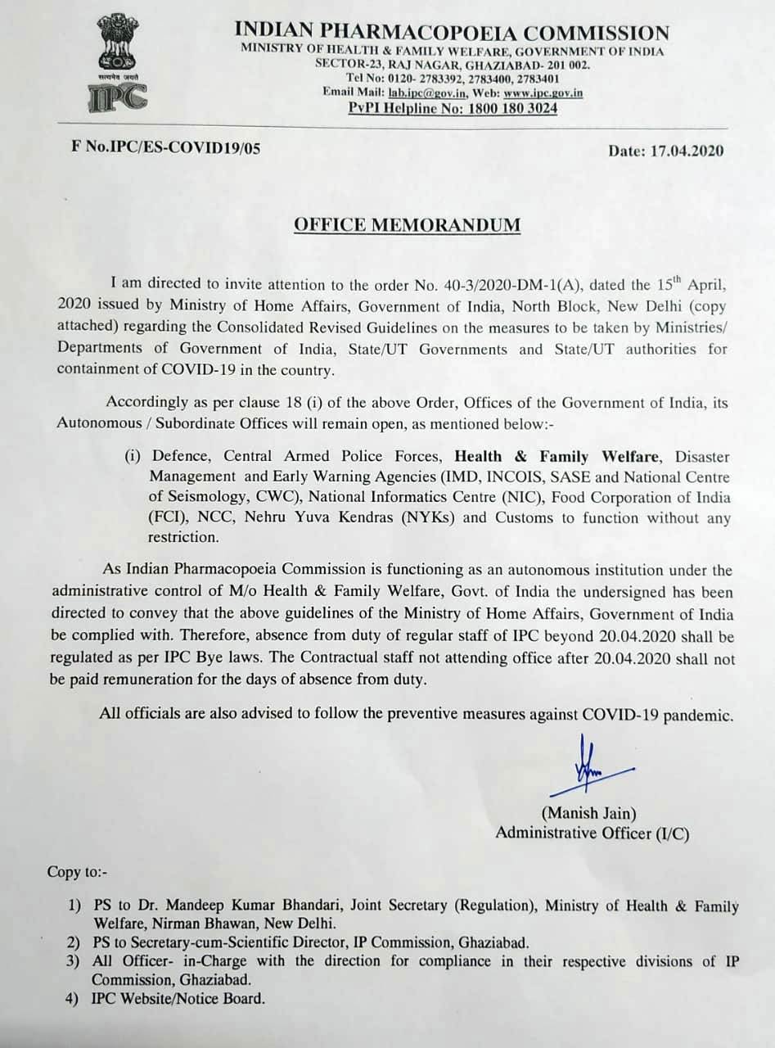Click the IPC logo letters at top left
pos(118,97)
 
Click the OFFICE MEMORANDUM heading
pos(407,224)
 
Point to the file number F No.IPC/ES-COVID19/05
pos(166,149)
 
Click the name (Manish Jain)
pos(588,813)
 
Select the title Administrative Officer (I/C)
pos(592,833)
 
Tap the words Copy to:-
pos(77,872)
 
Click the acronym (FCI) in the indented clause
pos(165,517)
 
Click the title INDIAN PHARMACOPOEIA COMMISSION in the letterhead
pos(452,33)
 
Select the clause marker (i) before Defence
pos(133,456)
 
